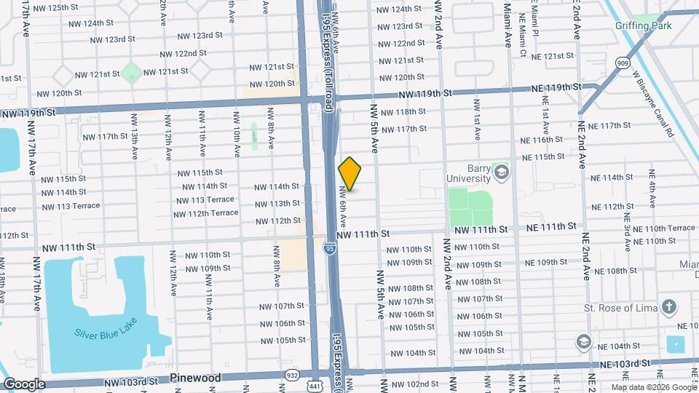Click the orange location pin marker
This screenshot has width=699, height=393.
(349, 174)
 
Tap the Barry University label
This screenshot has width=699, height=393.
(469, 172)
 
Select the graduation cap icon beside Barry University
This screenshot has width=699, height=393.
(501, 172)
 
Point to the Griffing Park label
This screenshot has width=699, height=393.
(663, 26)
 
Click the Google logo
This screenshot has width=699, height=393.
(25, 384)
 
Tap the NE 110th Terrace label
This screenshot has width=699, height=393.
(666, 228)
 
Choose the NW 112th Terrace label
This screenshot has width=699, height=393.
(205, 213)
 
